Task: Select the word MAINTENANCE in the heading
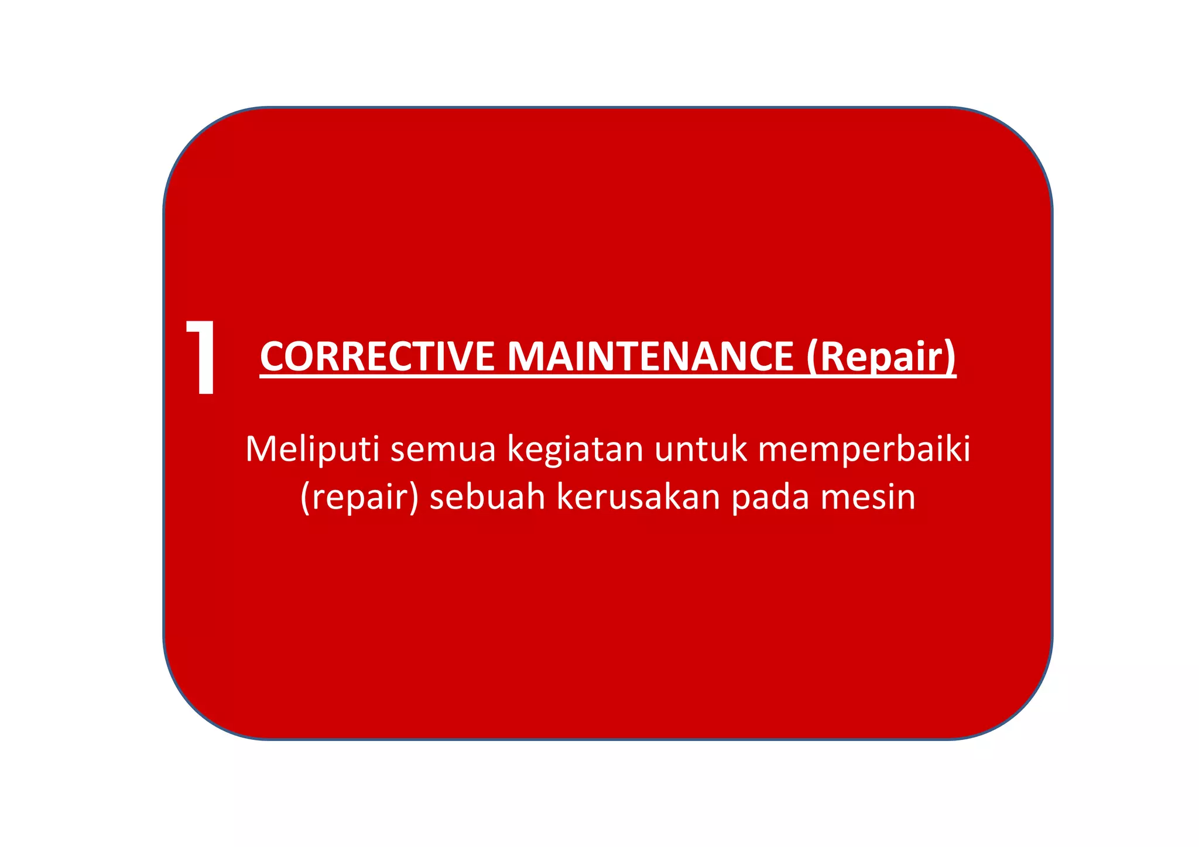click(650, 356)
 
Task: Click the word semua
click(443, 450)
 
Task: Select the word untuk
click(701, 450)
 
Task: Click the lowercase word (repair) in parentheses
click(359, 498)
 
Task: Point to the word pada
click(770, 498)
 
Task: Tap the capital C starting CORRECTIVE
click(273, 356)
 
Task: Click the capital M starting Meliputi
click(262, 450)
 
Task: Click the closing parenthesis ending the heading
click(950, 358)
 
